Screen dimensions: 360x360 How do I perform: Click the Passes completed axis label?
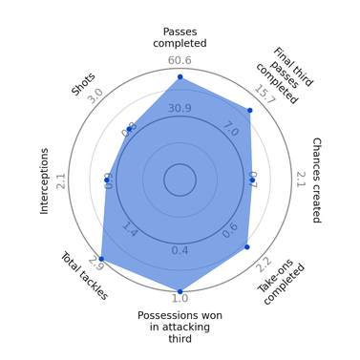tap(180, 37)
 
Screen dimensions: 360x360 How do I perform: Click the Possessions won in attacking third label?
tap(180, 326)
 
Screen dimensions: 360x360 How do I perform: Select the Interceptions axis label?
tap(44, 180)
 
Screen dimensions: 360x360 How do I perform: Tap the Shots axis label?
tap(83, 84)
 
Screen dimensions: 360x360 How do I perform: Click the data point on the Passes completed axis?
tap(180, 76)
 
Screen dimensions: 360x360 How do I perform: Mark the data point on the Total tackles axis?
tap(100, 259)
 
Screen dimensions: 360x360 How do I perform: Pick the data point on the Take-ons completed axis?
tap(246, 246)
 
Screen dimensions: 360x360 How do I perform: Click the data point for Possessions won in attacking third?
tap(180, 290)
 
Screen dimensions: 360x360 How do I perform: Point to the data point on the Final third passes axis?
tap(249, 110)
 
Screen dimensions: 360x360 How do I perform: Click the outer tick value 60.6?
tap(180, 61)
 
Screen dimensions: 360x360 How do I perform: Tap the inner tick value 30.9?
tap(180, 108)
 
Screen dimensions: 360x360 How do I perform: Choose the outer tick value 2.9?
tap(95, 263)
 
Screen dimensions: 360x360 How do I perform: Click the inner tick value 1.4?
tap(130, 231)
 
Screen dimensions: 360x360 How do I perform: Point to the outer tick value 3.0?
tap(95, 95)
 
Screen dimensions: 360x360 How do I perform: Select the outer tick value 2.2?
tap(264, 264)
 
